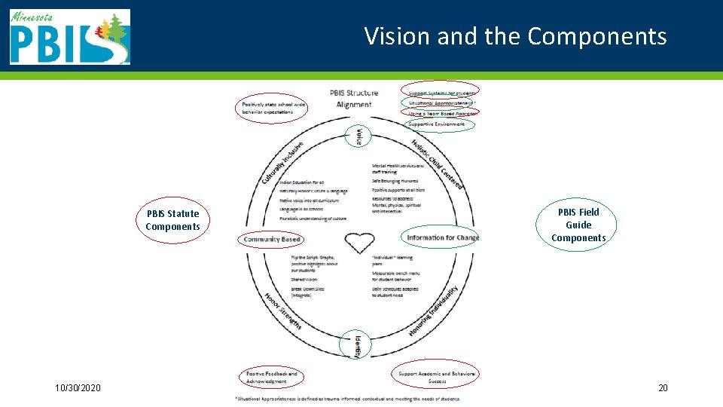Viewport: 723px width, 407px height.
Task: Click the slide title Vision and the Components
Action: click(515, 36)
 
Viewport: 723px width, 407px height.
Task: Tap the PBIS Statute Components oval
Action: click(173, 220)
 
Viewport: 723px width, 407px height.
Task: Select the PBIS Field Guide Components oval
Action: click(578, 225)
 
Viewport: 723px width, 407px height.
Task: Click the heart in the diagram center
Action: click(359, 243)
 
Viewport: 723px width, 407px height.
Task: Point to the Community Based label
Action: click(272, 240)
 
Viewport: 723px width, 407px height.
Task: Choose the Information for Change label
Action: click(441, 238)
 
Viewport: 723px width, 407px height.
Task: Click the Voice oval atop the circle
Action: click(359, 136)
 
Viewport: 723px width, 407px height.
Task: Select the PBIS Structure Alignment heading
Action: click(354, 99)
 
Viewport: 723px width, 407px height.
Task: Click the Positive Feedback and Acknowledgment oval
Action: click(271, 377)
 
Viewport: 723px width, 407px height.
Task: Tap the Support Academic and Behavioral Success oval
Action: click(437, 377)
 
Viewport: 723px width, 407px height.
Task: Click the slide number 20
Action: click(663, 388)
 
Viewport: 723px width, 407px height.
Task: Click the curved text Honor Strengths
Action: click(283, 310)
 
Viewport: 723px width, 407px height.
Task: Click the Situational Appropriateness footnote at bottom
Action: click(347, 399)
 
